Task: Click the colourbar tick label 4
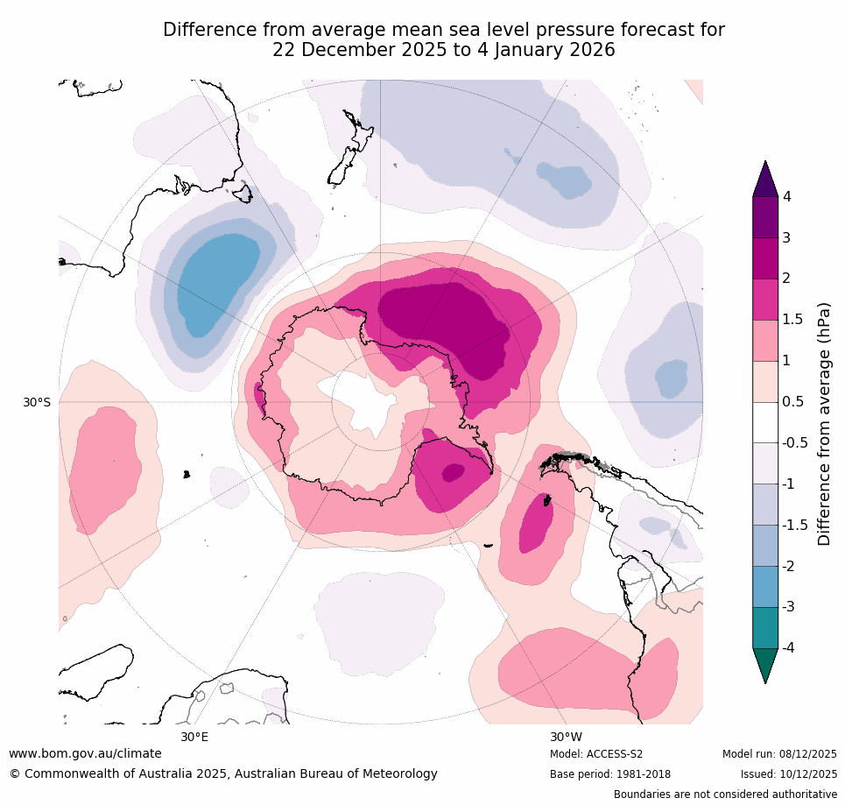787,196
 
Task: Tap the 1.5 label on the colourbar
792,320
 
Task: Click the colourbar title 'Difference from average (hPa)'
824,424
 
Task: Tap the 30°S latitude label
37,402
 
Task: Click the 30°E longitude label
194,737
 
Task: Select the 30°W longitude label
567,737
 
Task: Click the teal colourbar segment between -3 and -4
765,627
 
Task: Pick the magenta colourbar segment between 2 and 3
765,258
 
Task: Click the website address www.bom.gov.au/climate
85,753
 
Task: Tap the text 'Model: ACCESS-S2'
596,754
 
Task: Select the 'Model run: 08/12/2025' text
779,754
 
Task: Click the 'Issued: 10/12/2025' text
788,774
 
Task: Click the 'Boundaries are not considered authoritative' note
725,794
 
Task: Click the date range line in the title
443,51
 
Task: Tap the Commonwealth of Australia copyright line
223,773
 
